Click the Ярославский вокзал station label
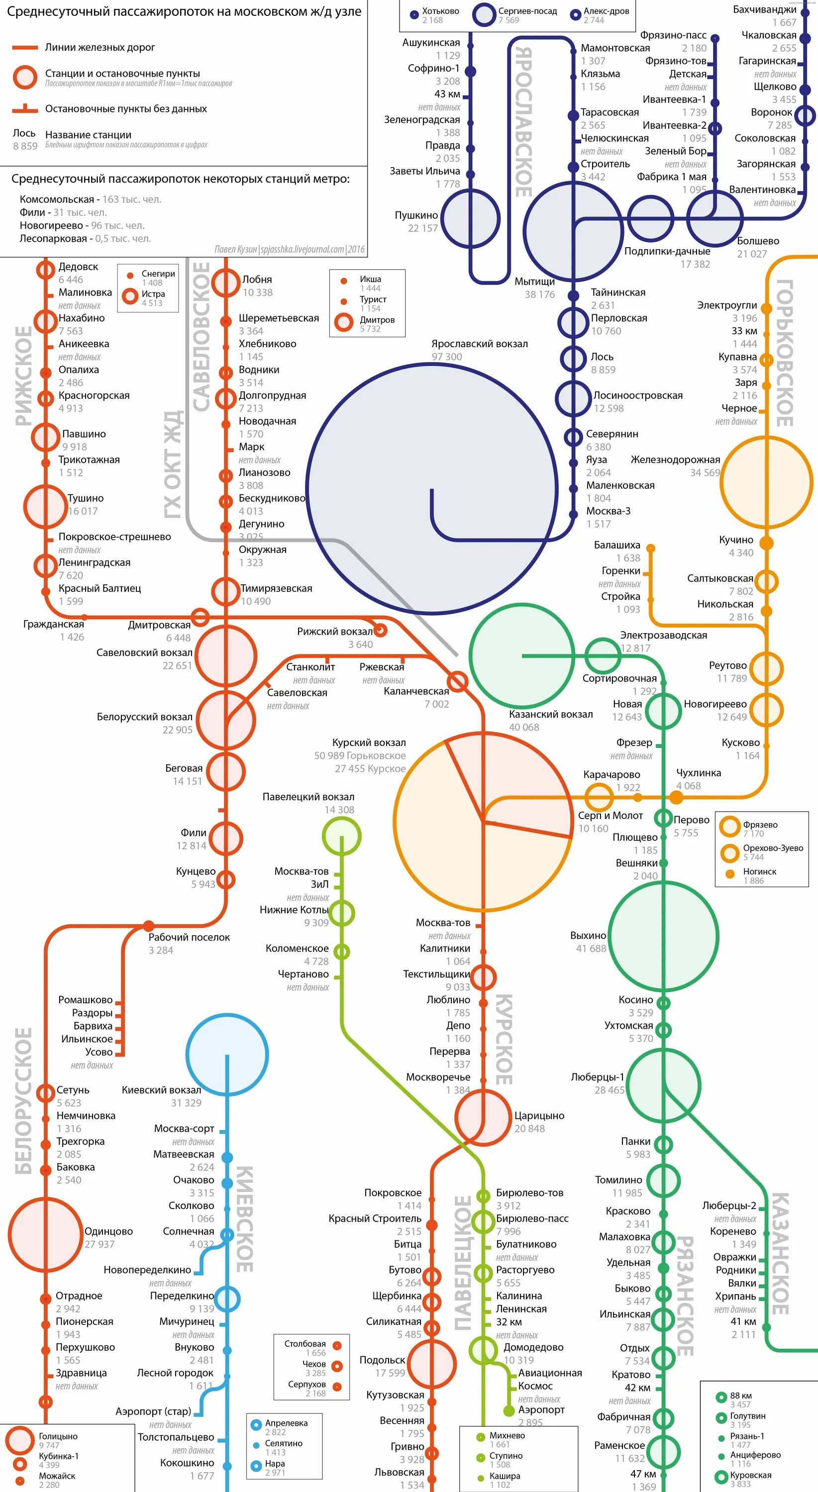click(x=479, y=344)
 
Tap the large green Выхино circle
click(x=663, y=936)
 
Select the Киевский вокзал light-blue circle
click(x=226, y=1055)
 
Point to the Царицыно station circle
click(x=482, y=1118)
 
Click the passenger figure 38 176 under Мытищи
click(x=539, y=294)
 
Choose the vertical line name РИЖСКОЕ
click(x=23, y=376)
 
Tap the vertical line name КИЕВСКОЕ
click(x=244, y=1218)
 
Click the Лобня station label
click(x=257, y=280)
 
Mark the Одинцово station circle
click(x=45, y=1235)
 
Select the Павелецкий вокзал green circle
click(x=341, y=836)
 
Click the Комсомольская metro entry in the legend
click(x=57, y=199)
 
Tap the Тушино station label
click(x=85, y=498)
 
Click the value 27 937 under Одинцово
click(x=99, y=1244)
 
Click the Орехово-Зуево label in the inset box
click(x=773, y=848)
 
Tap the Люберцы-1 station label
click(x=597, y=1077)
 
